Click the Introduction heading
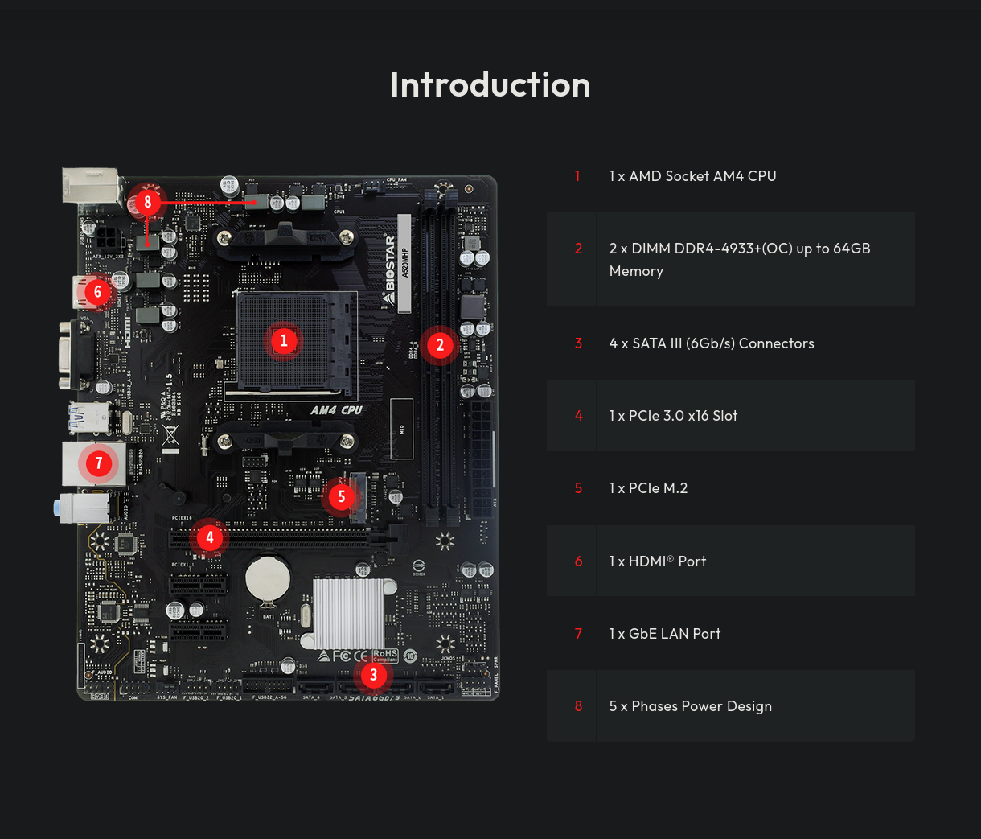490,84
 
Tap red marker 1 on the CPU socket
283,340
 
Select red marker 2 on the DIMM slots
439,345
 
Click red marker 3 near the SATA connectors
373,675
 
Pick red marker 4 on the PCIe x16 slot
210,537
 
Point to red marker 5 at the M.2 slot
341,496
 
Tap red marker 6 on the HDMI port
98,291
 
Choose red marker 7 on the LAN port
99,463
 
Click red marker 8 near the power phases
147,202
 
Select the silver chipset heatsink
349,613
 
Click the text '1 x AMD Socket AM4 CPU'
692,176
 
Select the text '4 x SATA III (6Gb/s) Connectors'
711,343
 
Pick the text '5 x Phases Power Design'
690,706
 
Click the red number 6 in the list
578,561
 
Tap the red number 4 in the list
578,416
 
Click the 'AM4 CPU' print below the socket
336,410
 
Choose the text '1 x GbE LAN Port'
664,634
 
